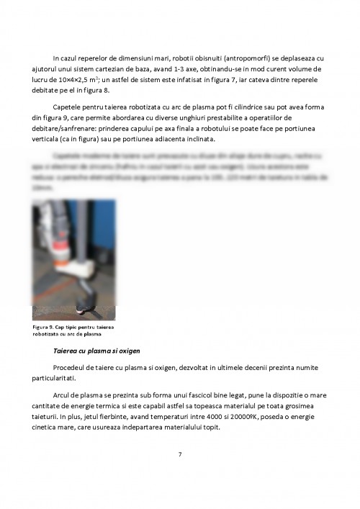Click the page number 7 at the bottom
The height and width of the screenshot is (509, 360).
coord(180,454)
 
